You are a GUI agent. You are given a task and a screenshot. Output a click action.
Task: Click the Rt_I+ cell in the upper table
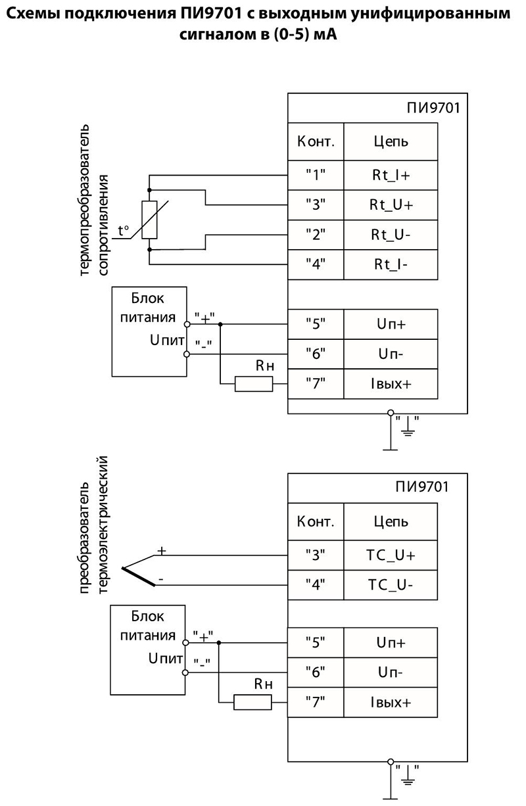[391, 176]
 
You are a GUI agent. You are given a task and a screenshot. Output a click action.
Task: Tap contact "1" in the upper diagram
[316, 176]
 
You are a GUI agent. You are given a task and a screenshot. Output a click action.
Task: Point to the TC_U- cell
[391, 584]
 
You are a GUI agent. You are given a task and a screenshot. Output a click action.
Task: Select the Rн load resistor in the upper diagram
[254, 383]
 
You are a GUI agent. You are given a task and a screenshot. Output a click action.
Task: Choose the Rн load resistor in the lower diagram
[253, 703]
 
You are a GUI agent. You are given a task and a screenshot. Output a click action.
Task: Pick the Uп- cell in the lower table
[391, 672]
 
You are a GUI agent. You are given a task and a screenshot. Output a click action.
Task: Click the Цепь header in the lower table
[391, 521]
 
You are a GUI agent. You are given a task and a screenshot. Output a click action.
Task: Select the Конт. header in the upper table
[316, 141]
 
